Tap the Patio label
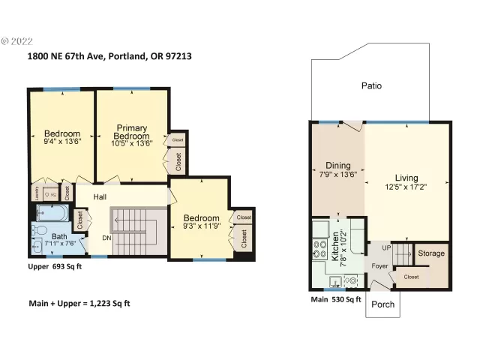tap(371, 85)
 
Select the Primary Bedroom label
tap(131, 132)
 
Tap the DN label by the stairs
tap(107, 238)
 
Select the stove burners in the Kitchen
tap(316, 247)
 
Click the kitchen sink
tap(335, 282)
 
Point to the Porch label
tap(383, 304)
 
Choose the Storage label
tap(430, 253)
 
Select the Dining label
tap(337, 166)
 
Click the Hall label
tap(100, 197)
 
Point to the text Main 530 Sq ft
tap(336, 300)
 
